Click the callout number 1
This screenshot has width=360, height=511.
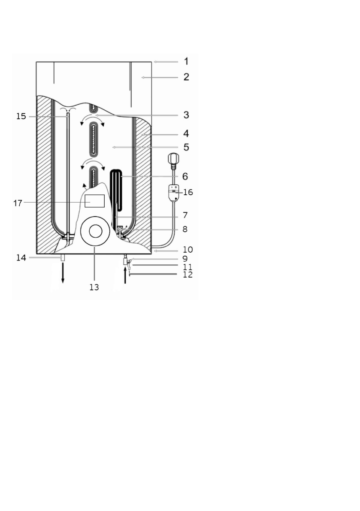coord(186,61)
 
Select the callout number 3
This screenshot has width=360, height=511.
coord(186,115)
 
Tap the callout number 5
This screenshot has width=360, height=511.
coord(186,147)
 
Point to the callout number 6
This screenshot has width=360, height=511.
coord(185,176)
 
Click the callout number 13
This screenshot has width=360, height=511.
coord(94,287)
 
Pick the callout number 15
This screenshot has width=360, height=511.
coord(21,116)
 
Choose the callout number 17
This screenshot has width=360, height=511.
coord(18,203)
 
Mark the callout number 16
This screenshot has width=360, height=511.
coord(188,192)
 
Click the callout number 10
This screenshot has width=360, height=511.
coord(188,250)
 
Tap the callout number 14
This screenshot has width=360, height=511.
coord(21,258)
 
